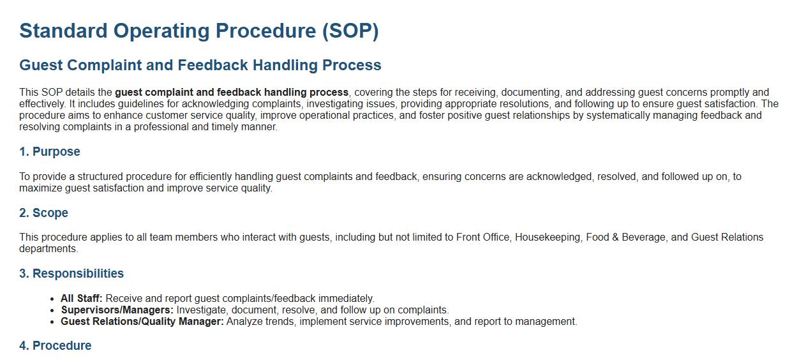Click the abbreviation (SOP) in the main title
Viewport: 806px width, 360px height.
click(x=350, y=31)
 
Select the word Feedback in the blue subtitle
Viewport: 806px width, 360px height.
click(x=213, y=65)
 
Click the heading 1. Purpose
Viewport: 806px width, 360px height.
click(x=50, y=151)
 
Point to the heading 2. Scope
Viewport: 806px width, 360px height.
click(x=43, y=213)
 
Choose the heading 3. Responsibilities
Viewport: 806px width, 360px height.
click(x=71, y=274)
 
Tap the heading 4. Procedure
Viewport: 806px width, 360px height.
click(x=56, y=345)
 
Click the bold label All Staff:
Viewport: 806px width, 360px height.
click(x=82, y=299)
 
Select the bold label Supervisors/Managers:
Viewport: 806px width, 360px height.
click(x=117, y=310)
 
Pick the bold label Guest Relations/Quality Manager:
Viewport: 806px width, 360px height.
click(x=142, y=322)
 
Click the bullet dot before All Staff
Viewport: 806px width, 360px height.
click(x=52, y=299)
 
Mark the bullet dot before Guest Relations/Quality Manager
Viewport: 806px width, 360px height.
click(x=52, y=322)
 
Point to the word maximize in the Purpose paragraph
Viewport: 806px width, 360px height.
click(x=40, y=188)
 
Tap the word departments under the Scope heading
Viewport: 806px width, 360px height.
click(x=49, y=249)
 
